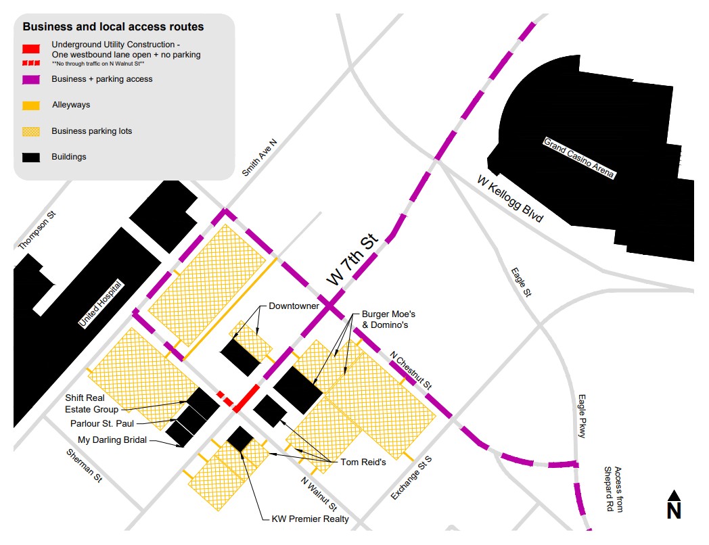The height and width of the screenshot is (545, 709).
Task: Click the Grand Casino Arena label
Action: [580, 158]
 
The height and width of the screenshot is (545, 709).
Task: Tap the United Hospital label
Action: [101, 304]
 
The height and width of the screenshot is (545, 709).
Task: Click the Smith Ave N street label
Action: [260, 154]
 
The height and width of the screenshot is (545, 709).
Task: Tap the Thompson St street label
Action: [38, 231]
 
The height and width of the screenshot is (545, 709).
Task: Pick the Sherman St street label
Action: [88, 465]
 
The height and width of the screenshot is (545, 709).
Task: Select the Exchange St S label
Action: [411, 479]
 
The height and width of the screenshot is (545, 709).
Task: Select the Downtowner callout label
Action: [294, 306]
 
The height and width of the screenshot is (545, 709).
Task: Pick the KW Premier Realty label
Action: [310, 519]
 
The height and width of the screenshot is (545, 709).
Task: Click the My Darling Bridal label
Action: [112, 440]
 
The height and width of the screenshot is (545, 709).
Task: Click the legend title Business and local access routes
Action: [113, 28]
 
